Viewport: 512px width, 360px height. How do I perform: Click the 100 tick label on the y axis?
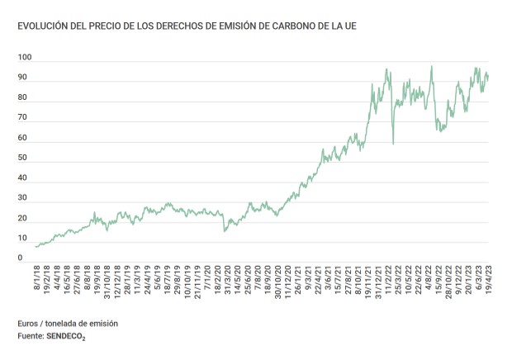(25, 58)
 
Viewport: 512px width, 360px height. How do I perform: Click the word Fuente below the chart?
(31, 337)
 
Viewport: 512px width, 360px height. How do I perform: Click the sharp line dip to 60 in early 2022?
(393, 144)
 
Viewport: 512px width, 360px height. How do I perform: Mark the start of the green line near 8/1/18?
(36, 246)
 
